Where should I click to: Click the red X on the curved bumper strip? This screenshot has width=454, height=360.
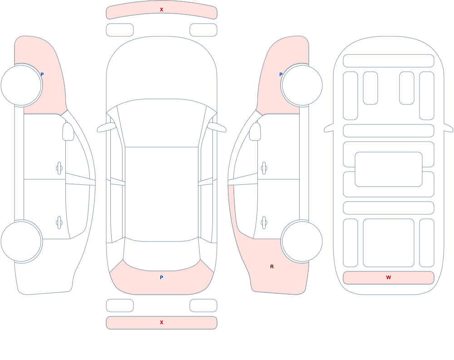point(162,10)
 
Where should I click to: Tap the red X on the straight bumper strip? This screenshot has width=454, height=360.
point(162,322)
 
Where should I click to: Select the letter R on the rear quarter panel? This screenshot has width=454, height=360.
point(272,266)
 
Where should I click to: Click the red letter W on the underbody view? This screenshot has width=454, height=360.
point(389,277)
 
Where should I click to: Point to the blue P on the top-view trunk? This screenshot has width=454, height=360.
point(162,277)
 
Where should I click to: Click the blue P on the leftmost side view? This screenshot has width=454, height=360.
point(42,74)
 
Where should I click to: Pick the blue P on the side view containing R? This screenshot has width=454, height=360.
point(281,74)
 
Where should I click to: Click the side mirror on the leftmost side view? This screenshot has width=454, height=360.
point(69,132)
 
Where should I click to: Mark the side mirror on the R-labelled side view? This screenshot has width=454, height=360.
point(255,132)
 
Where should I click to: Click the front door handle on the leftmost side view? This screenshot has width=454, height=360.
point(59,168)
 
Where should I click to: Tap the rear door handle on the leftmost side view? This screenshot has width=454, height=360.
point(59,223)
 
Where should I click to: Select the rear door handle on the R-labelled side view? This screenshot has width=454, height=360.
point(264,223)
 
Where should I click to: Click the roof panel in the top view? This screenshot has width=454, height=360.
point(162,194)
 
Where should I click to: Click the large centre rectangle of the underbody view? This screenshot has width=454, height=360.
point(389,169)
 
